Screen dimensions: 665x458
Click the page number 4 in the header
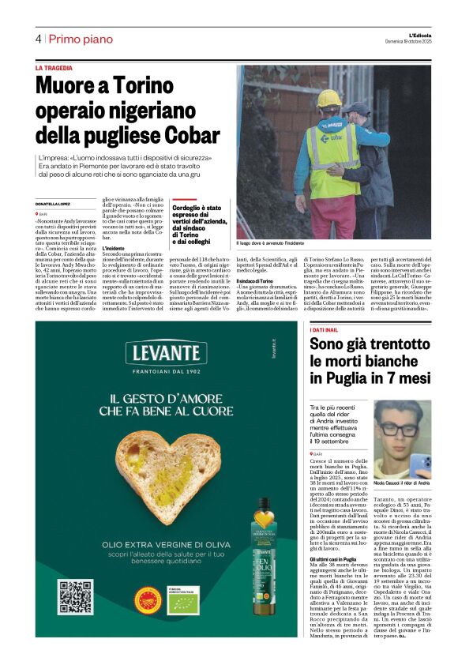(38, 39)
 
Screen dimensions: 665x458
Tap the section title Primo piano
(79, 39)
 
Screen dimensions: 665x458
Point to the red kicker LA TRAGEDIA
(58, 69)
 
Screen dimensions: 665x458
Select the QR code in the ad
(76, 598)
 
